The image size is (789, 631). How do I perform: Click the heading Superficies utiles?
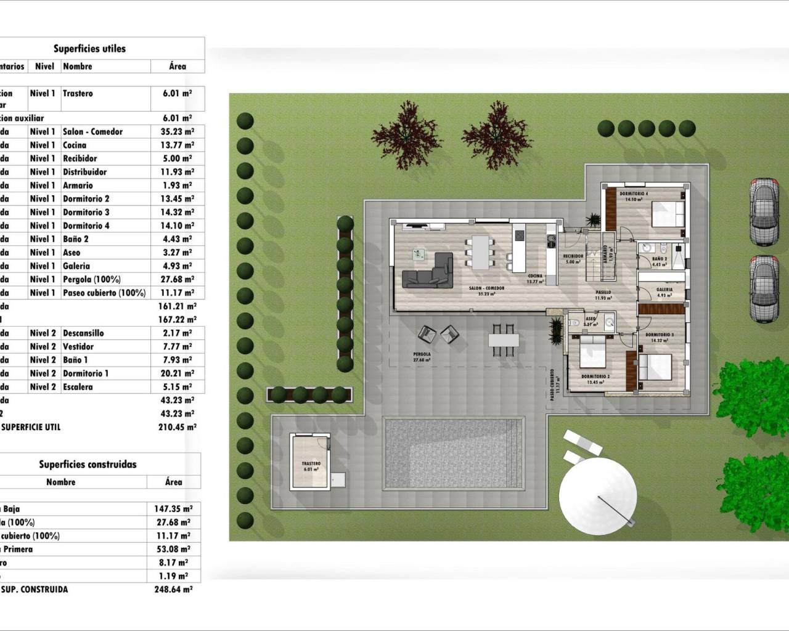pyautogui.click(x=89, y=49)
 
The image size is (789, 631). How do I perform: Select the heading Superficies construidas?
pyautogui.click(x=88, y=465)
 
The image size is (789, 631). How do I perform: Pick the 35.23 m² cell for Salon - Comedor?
pyautogui.click(x=178, y=132)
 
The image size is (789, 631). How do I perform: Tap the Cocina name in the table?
pyautogui.click(x=75, y=145)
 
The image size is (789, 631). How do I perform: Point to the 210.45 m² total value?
pyautogui.click(x=178, y=427)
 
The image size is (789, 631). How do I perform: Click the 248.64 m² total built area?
pyautogui.click(x=173, y=590)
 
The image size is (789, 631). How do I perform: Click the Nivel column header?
pyautogui.click(x=44, y=67)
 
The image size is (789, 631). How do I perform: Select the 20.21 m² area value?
pyautogui.click(x=178, y=373)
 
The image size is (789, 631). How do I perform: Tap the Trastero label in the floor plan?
pyautogui.click(x=311, y=463)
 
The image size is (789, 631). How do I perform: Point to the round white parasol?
pyautogui.click(x=597, y=494)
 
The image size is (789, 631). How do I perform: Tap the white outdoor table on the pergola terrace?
pyautogui.click(x=504, y=340)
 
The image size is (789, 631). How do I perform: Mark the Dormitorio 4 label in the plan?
pyautogui.click(x=634, y=193)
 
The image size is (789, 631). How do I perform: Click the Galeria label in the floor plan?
pyautogui.click(x=664, y=289)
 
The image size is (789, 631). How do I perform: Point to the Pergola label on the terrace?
pyautogui.click(x=422, y=355)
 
